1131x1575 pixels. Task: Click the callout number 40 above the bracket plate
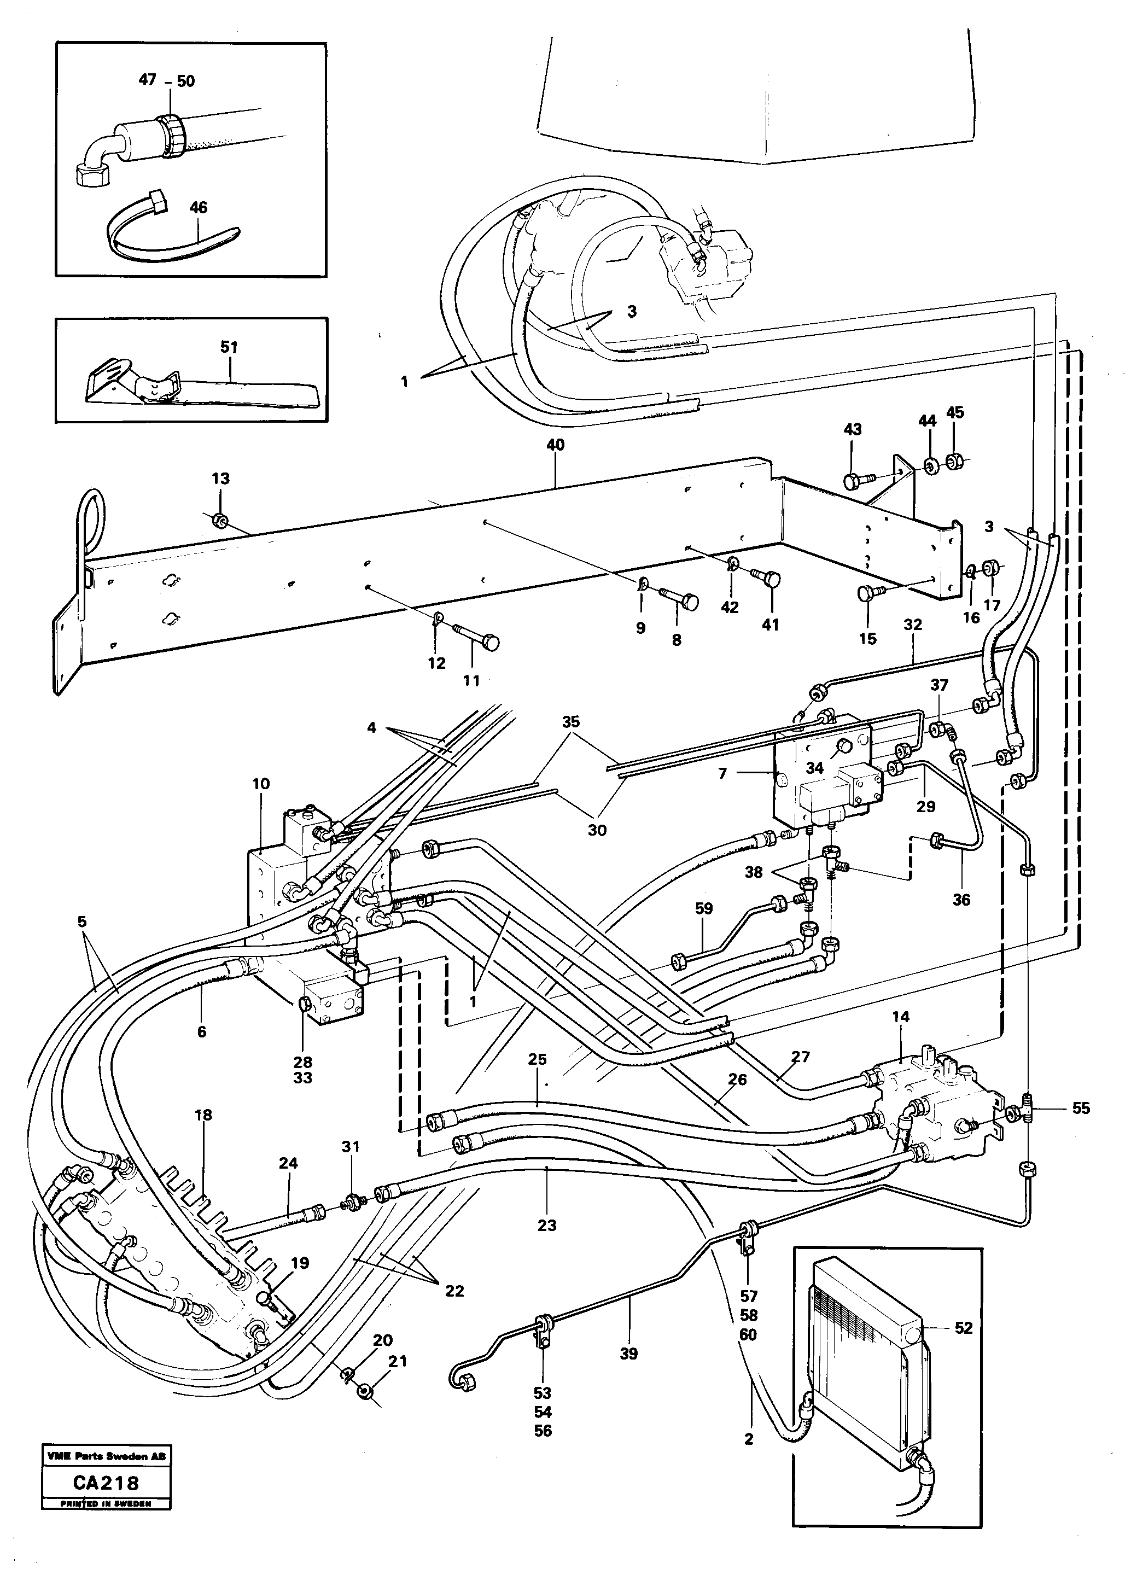(x=556, y=445)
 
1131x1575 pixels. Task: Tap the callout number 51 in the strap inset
(x=229, y=347)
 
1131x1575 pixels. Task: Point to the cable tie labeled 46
(x=173, y=236)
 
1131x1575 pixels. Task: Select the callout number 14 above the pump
(x=901, y=1016)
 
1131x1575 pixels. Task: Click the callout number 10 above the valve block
(x=260, y=783)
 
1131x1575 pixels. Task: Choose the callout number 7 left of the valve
(x=723, y=772)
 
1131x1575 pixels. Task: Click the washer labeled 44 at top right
(x=928, y=465)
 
